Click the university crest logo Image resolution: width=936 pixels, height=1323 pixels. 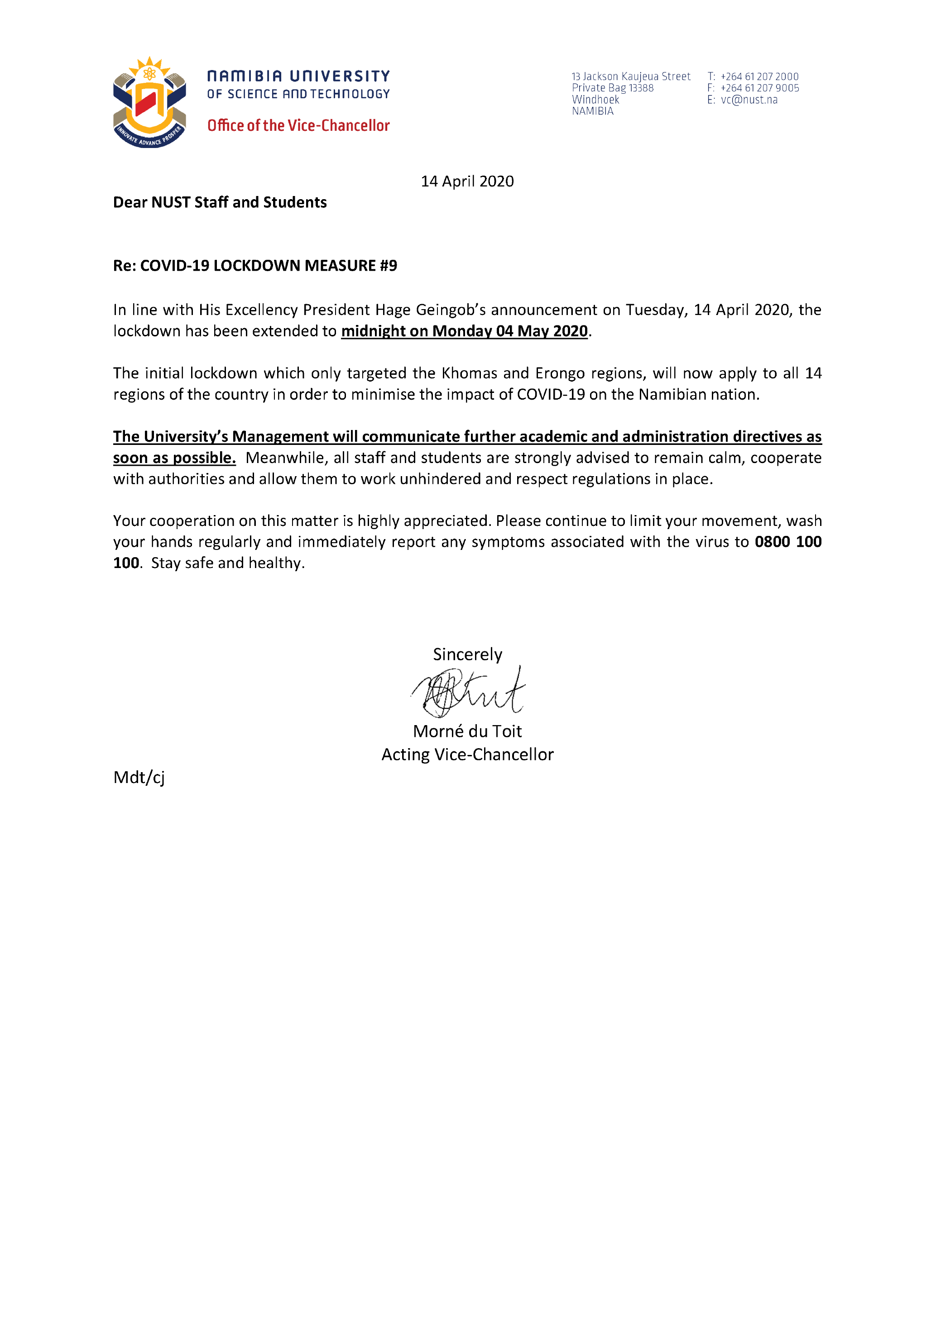(149, 103)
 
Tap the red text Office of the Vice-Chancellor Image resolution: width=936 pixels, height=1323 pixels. (298, 126)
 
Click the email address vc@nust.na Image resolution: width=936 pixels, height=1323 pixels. (749, 100)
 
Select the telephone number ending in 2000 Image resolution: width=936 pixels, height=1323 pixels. (759, 76)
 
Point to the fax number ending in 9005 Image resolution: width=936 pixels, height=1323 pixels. (760, 88)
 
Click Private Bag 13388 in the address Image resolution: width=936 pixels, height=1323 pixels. (612, 88)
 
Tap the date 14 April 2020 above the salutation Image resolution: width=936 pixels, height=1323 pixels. (467, 181)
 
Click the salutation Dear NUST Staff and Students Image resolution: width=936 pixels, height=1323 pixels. (220, 202)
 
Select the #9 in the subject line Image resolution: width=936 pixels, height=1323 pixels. (388, 266)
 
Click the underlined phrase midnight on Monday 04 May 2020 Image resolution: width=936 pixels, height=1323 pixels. (464, 331)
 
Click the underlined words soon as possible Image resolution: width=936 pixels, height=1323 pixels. (174, 458)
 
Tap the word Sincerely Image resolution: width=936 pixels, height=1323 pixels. (467, 654)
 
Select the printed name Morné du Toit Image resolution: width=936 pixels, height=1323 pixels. (467, 731)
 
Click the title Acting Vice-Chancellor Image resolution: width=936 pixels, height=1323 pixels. (467, 755)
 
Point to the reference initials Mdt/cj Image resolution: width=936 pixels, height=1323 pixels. (139, 778)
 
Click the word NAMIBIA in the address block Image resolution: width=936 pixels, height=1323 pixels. (592, 111)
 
